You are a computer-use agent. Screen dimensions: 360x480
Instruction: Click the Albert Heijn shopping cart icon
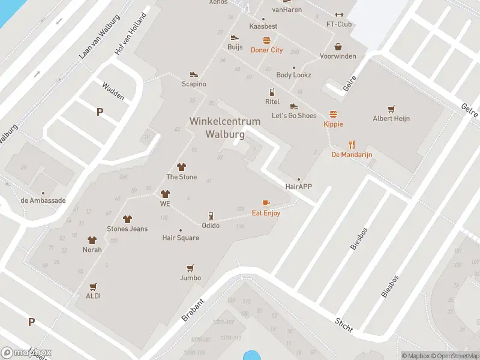(x=391, y=109)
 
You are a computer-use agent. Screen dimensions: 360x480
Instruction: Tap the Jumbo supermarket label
(x=190, y=278)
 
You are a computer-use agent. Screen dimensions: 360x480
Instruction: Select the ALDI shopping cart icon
(x=93, y=287)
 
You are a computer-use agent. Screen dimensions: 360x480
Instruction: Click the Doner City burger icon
(x=266, y=41)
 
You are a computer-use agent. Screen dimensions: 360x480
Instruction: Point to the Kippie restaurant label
(x=333, y=124)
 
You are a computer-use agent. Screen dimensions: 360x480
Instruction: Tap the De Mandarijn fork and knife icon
(x=352, y=145)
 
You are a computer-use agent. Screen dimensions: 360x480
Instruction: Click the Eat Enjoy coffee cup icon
(x=266, y=203)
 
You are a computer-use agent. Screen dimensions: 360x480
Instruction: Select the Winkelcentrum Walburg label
(x=225, y=128)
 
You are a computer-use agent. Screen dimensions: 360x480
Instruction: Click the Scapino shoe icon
(x=194, y=74)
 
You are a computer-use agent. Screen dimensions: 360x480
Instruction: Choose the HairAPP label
(x=298, y=187)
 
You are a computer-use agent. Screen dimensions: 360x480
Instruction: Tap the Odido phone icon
(x=211, y=216)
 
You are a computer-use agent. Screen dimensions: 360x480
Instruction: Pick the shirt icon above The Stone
(x=181, y=167)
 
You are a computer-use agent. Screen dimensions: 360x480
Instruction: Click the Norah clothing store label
(x=92, y=250)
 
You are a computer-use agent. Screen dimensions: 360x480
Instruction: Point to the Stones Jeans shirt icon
(x=127, y=220)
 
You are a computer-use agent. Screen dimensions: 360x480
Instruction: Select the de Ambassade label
(x=43, y=200)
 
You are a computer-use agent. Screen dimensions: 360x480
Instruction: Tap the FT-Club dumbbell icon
(x=339, y=15)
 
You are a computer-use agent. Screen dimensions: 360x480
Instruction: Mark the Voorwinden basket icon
(x=338, y=47)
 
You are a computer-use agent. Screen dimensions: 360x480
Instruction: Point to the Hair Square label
(x=181, y=238)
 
